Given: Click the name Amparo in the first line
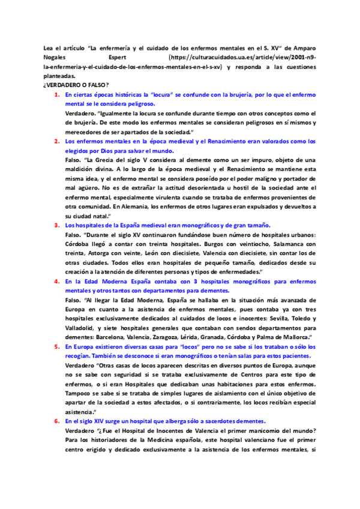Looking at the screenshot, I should point(304,47).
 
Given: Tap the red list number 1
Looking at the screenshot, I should point(56,95).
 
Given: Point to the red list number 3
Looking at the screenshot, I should point(56,225).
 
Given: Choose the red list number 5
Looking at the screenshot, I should point(56,346).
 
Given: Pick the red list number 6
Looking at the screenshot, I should point(56,421).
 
